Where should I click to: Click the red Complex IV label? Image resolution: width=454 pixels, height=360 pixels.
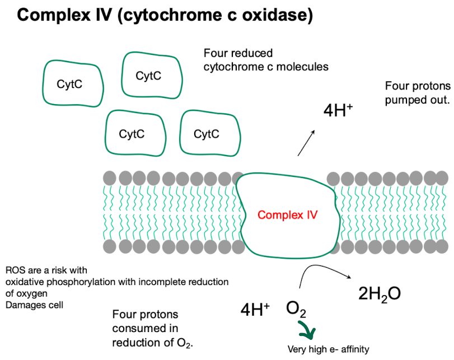click(x=287, y=214)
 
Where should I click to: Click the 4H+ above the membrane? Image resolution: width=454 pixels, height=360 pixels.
click(x=338, y=109)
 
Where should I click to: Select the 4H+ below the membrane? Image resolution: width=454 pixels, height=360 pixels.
click(x=255, y=309)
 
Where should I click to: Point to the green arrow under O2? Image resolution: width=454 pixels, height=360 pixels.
click(x=306, y=331)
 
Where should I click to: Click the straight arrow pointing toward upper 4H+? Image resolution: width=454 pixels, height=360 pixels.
click(x=306, y=142)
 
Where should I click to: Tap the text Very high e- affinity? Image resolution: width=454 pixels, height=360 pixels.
click(x=328, y=349)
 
